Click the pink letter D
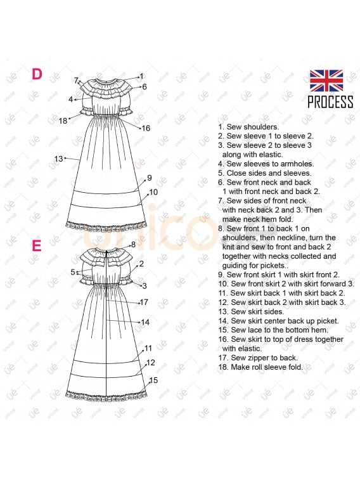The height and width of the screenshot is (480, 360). point(37,74)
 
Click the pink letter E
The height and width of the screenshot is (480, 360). point(37,245)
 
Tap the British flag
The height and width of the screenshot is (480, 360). point(326,81)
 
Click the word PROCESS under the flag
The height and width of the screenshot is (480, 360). point(330,102)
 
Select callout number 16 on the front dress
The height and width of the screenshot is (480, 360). point(146,128)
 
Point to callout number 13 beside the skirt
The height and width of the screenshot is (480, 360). point(58,159)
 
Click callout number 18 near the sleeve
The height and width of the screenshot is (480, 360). point(63,121)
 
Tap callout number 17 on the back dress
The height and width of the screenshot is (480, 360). point(144,302)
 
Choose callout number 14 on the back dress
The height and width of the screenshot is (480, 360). point(145,322)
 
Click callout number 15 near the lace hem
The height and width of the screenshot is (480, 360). point(153,380)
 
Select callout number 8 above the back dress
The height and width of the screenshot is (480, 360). point(133,244)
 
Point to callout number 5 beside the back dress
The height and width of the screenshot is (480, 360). point(72,272)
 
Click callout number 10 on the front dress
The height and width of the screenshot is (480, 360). point(153,192)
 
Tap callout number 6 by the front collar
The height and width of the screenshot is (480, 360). point(145,87)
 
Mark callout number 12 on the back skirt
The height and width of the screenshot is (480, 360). point(151,363)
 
